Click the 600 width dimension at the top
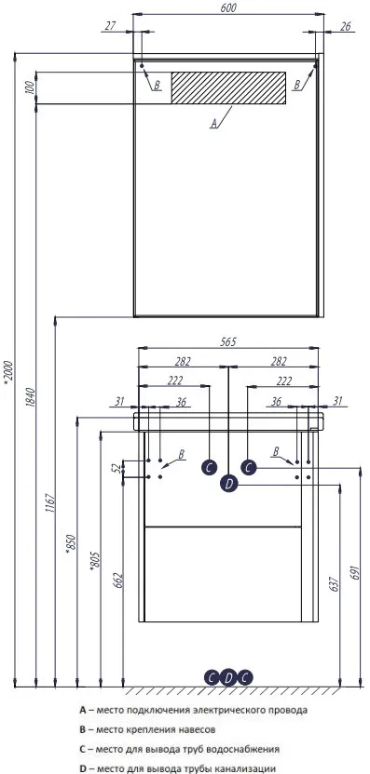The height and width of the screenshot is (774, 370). point(228,7)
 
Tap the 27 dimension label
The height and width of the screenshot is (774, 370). point(110,25)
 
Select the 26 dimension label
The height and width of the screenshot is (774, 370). point(345,26)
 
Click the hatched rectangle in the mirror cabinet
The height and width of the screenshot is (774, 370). point(228,87)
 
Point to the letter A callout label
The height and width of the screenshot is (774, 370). point(213,123)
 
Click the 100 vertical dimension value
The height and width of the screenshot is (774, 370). point(30,87)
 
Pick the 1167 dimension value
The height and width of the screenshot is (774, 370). point(48,502)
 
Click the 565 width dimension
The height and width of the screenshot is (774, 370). point(229,341)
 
